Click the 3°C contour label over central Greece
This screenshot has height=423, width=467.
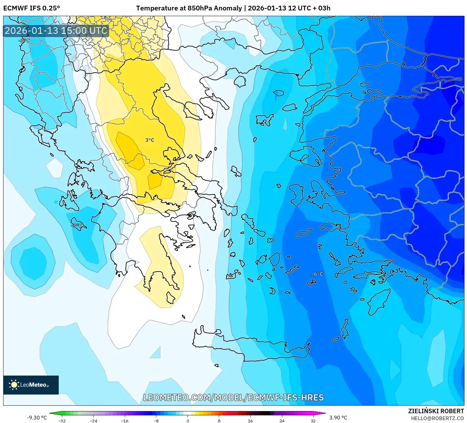tap(150, 140)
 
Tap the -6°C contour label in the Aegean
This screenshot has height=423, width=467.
tap(317, 274)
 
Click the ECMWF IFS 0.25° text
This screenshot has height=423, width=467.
tap(32, 8)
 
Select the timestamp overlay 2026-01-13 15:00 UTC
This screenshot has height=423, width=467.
tap(56, 31)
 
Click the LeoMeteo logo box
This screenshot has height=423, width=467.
tap(31, 385)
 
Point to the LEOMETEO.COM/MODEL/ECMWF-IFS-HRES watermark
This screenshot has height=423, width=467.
tap(233, 397)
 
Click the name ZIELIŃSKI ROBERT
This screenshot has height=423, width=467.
tap(436, 411)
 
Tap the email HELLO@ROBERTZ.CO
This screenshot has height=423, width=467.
tap(437, 418)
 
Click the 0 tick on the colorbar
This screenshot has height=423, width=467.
tap(188, 420)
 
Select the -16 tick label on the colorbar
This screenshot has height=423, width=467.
tap(125, 420)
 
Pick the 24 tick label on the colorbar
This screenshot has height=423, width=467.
tap(282, 420)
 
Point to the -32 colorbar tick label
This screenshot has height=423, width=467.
tap(62, 420)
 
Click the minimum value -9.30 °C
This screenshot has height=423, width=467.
tap(37, 418)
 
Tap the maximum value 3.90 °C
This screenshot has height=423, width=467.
tap(338, 418)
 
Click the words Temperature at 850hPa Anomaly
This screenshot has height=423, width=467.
tap(189, 8)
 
